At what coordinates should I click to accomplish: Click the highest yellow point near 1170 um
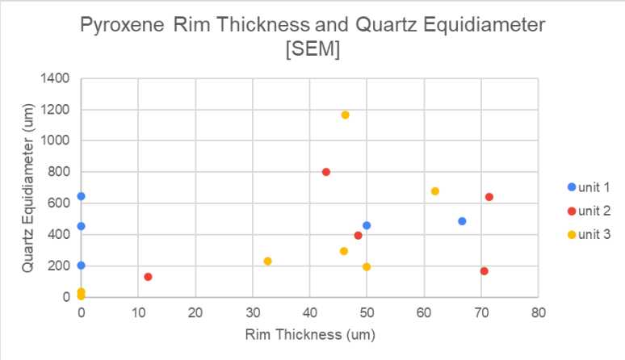[345, 115]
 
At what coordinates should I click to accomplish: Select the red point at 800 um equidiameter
[326, 172]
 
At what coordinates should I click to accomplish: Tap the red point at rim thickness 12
[148, 277]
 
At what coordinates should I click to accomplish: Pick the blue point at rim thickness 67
[462, 221]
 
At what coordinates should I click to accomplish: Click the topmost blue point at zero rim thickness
[81, 196]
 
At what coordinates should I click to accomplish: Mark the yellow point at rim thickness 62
[435, 191]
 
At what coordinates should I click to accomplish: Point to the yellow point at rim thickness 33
[267, 261]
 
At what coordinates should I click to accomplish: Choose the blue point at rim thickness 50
[367, 225]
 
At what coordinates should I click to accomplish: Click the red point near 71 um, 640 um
[489, 197]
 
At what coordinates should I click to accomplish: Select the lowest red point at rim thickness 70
[484, 271]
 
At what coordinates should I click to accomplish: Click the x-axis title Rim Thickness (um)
[310, 332]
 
